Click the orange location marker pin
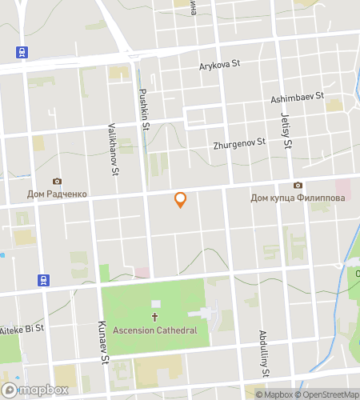click(x=181, y=200)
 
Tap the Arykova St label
click(x=219, y=66)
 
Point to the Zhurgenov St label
click(x=239, y=144)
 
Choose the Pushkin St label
click(x=145, y=108)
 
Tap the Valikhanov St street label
click(x=114, y=150)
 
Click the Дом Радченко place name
click(x=56, y=194)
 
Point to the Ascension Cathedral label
click(x=154, y=331)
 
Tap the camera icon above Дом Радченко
click(x=56, y=182)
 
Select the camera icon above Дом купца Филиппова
click(x=298, y=185)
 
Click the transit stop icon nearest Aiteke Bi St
click(x=43, y=280)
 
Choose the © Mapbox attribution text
click(x=274, y=394)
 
